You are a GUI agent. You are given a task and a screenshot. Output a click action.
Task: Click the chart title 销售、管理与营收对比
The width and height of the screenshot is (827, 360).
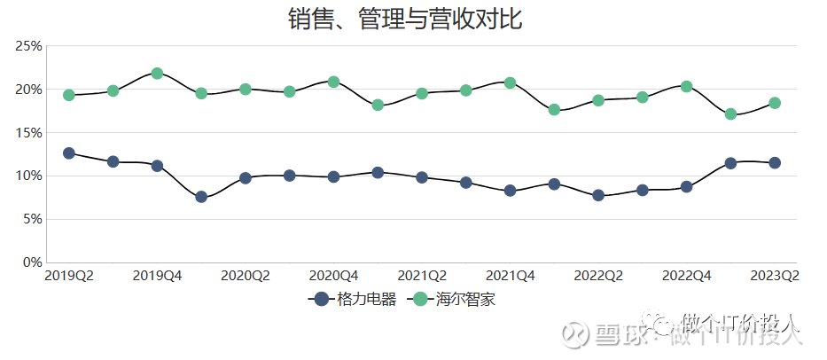(405, 19)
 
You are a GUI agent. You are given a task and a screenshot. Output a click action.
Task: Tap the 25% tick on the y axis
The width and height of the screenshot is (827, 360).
(27, 46)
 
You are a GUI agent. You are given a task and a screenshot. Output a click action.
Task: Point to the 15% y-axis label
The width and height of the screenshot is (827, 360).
(27, 133)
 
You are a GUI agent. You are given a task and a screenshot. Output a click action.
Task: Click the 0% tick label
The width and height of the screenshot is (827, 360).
(31, 262)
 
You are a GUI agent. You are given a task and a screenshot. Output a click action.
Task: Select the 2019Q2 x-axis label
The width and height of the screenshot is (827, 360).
(69, 277)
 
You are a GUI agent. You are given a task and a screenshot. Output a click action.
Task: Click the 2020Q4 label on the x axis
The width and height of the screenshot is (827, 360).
(333, 277)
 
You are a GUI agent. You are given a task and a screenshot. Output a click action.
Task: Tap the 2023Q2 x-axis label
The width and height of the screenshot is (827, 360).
(775, 277)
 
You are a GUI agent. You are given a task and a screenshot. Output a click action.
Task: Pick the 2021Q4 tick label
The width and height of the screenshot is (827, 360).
(510, 277)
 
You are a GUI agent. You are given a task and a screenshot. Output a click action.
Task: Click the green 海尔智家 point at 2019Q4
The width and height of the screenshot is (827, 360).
(157, 74)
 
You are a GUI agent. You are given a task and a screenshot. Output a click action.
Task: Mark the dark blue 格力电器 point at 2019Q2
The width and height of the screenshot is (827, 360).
(69, 153)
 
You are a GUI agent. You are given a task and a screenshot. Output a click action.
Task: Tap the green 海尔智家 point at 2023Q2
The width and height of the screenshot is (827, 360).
(775, 103)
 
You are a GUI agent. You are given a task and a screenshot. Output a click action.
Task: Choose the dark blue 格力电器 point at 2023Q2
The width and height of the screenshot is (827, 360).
(775, 163)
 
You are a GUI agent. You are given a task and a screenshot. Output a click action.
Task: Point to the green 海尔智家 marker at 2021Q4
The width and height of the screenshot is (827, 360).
(510, 82)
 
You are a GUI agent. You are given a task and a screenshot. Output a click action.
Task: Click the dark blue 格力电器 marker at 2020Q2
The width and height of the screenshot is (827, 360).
(246, 178)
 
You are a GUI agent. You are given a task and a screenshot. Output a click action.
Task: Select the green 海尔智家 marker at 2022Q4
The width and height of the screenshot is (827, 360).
(686, 86)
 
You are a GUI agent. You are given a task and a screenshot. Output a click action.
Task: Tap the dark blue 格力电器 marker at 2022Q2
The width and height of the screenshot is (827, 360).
(598, 195)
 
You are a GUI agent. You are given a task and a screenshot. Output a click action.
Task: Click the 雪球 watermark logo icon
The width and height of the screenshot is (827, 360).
(579, 333)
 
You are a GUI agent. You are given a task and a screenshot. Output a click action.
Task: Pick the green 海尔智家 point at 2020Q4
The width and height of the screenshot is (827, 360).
(333, 82)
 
